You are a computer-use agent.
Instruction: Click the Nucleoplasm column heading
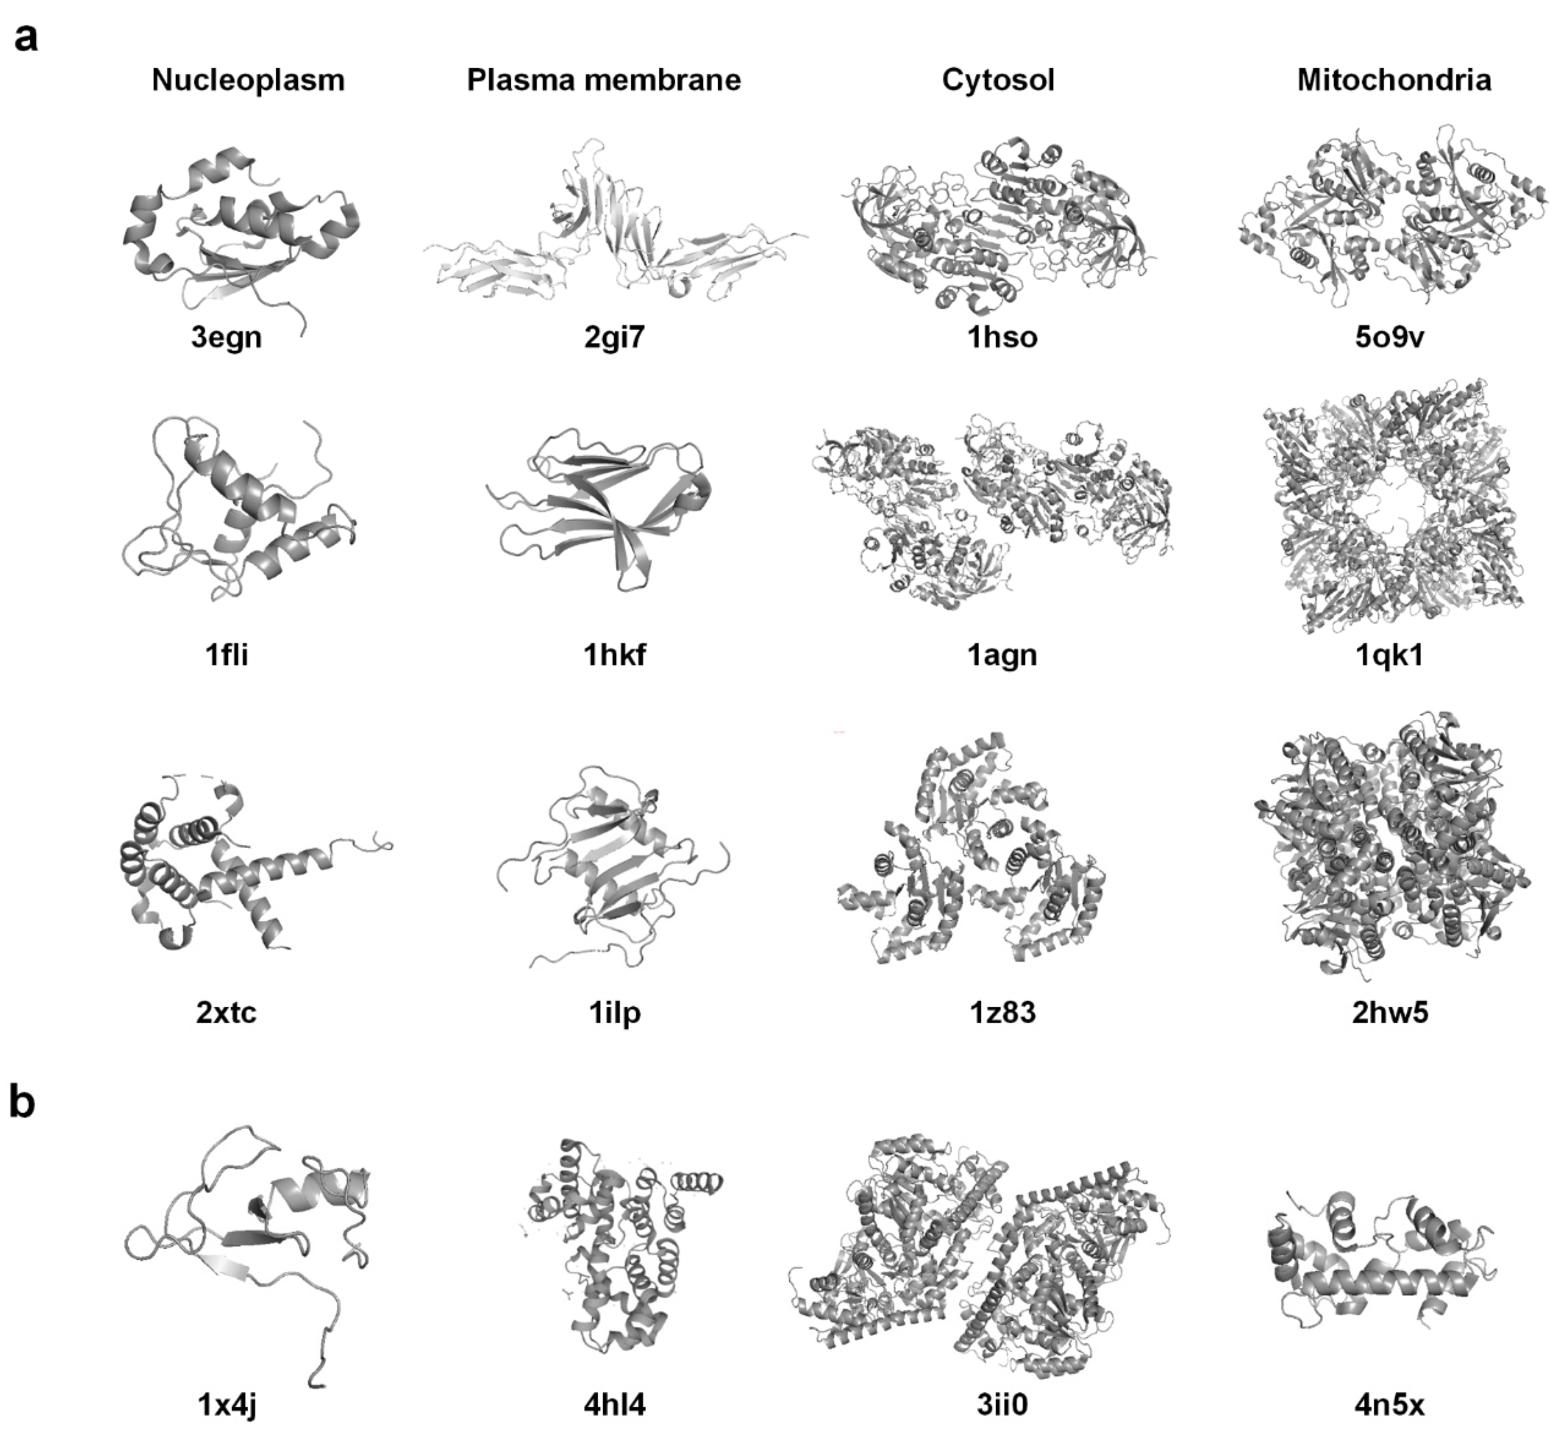(x=248, y=80)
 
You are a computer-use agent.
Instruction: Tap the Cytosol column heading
(x=998, y=80)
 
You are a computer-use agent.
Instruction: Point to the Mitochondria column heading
(x=1393, y=80)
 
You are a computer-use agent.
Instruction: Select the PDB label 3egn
(x=226, y=337)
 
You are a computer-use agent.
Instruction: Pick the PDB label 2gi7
(x=614, y=337)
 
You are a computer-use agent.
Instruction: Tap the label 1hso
(x=1002, y=337)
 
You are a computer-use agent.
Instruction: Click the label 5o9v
(x=1390, y=337)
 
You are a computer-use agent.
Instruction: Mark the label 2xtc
(x=226, y=1012)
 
